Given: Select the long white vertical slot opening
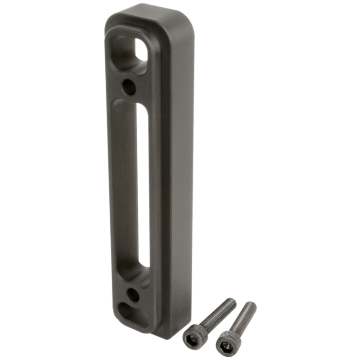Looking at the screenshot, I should pos(143,184).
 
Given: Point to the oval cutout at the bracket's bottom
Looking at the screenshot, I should pos(132,313).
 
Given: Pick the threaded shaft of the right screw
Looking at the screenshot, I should pos(243,319).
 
